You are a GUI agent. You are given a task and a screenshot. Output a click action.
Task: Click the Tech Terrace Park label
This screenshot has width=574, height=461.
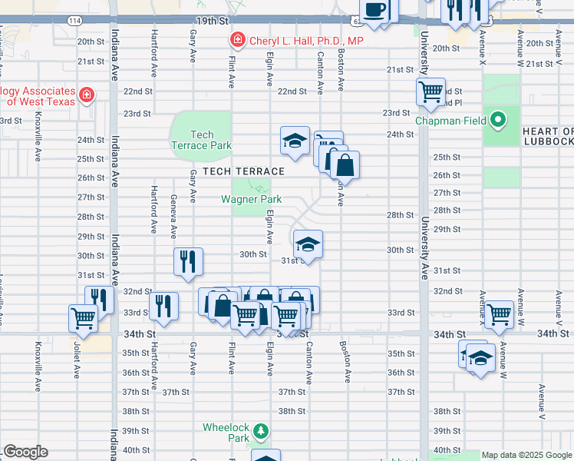pos(200,140)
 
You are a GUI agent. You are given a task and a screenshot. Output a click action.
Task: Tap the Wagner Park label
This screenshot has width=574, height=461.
pos(251,199)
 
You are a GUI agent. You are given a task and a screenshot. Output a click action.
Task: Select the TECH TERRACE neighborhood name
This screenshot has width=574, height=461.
pos(244,171)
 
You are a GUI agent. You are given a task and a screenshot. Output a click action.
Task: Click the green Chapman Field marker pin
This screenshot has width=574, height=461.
pos(498,120)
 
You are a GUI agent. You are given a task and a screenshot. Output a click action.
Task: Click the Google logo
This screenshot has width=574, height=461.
pos(25,452)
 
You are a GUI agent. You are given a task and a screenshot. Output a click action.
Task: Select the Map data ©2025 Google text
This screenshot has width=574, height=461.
pos(526,455)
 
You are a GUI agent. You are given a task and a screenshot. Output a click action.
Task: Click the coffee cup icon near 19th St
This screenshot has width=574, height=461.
pos(374,9)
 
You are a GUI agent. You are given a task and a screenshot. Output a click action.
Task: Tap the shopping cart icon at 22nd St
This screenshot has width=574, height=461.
pos(430,91)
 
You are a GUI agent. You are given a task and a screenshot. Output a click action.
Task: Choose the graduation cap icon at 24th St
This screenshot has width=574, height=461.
pos(295,141)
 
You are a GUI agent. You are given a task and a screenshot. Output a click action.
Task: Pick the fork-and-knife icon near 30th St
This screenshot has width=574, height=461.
pos(188,261)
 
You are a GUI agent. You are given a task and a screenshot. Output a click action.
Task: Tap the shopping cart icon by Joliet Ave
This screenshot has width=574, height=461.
pos(84,317)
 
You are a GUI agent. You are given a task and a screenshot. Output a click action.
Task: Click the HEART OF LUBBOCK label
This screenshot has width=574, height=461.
pos(548,136)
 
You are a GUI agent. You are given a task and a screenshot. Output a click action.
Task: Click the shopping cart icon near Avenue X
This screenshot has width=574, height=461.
pos(499,313)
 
